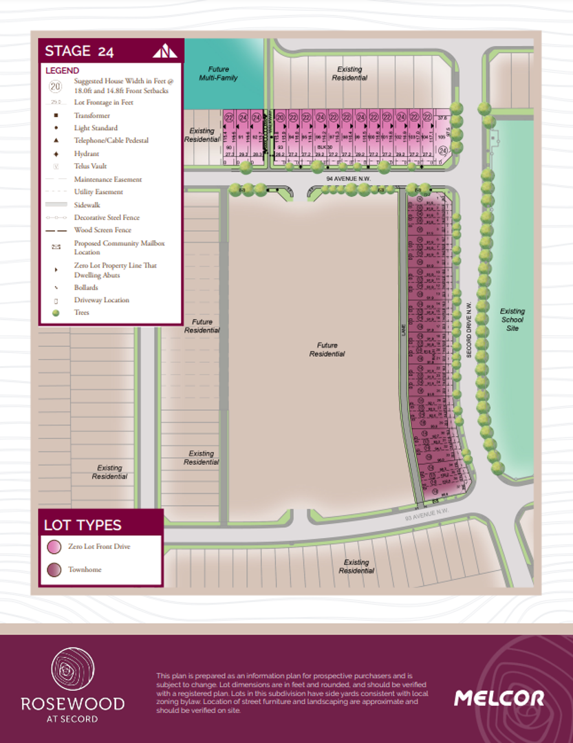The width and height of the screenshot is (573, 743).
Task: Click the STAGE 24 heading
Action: point(79,51)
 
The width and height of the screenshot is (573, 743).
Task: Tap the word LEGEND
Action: point(62,70)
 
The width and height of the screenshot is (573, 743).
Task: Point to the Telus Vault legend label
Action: point(90,166)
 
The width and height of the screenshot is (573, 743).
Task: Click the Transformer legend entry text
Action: point(92,116)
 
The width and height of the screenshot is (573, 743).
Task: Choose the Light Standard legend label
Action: point(96,128)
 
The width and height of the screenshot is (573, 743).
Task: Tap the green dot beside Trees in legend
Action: point(56,313)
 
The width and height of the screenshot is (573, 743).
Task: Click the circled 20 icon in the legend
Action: point(56,86)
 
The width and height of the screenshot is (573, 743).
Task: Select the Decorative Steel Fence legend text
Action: point(107,217)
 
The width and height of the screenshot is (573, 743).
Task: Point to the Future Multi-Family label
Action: point(219,74)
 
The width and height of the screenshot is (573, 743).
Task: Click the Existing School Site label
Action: point(512,320)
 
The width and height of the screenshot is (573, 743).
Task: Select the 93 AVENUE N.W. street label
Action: point(426,513)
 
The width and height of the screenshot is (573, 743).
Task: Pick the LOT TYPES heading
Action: point(83,525)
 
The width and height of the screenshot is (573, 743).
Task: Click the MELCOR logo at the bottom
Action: point(499,698)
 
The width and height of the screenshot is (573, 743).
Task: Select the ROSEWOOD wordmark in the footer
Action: point(72,704)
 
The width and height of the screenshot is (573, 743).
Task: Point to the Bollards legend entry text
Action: point(86,288)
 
